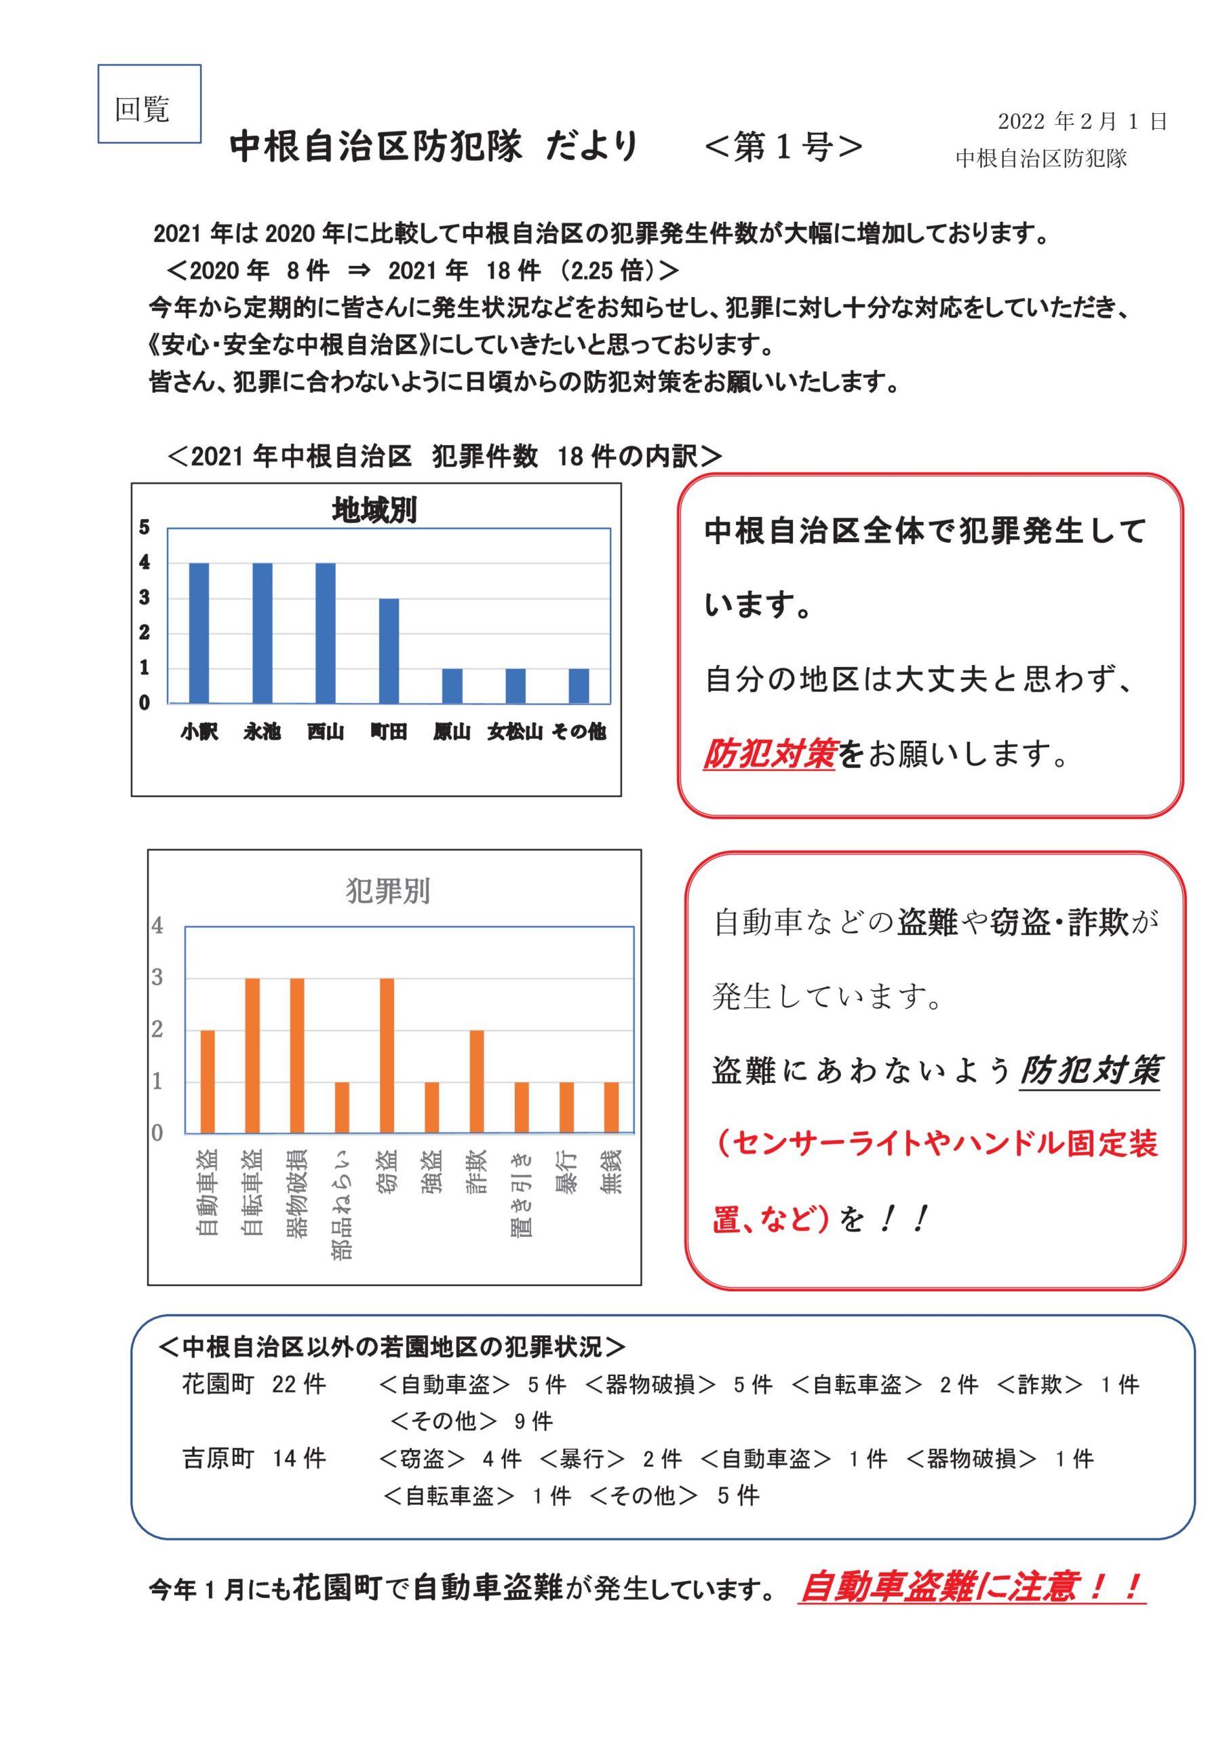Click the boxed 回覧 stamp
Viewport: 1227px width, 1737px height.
[149, 104]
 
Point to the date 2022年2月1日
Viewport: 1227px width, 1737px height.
[1082, 121]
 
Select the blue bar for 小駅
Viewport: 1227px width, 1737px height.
[199, 633]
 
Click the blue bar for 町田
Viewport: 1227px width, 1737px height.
[389, 651]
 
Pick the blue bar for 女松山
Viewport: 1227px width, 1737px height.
[515, 685]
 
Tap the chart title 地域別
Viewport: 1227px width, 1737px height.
[374, 510]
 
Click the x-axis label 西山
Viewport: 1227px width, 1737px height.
[326, 731]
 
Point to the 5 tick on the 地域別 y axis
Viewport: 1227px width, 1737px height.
[144, 527]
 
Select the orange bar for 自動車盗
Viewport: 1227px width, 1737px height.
[208, 1081]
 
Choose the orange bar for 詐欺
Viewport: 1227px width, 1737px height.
[477, 1081]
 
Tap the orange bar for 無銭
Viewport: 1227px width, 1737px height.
[611, 1107]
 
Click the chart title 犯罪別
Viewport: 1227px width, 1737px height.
[388, 891]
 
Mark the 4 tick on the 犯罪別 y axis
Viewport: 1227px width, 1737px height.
[157, 926]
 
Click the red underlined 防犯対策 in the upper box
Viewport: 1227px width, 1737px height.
[769, 754]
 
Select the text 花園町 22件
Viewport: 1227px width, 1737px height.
[254, 1383]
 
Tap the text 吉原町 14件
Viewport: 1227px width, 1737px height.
[254, 1458]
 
